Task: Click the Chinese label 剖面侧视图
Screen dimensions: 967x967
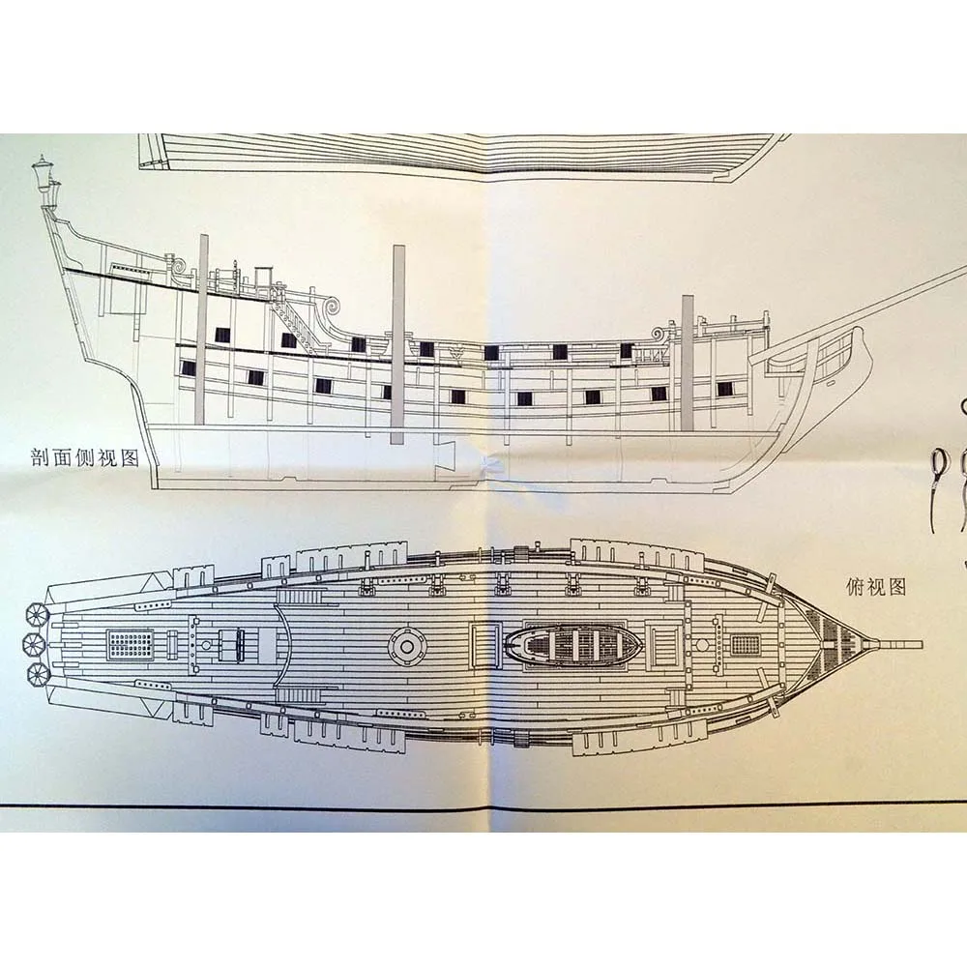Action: click(x=84, y=457)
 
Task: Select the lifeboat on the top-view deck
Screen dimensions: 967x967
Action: click(x=568, y=643)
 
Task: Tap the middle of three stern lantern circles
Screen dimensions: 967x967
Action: click(x=32, y=643)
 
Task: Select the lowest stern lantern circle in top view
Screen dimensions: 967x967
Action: click(x=37, y=672)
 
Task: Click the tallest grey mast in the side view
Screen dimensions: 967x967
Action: click(x=397, y=343)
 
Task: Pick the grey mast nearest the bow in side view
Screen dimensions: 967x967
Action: click(x=688, y=363)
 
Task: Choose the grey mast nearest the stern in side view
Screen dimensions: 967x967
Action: click(x=201, y=329)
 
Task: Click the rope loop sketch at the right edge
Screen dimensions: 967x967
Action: click(x=938, y=468)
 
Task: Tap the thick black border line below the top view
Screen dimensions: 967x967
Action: click(x=483, y=806)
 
